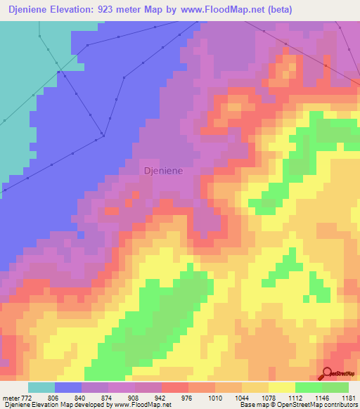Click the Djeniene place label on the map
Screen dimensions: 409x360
pos(163,170)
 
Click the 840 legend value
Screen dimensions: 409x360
pos(89,397)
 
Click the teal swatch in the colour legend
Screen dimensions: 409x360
pos(41,387)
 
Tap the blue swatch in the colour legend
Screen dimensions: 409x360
pos(68,387)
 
